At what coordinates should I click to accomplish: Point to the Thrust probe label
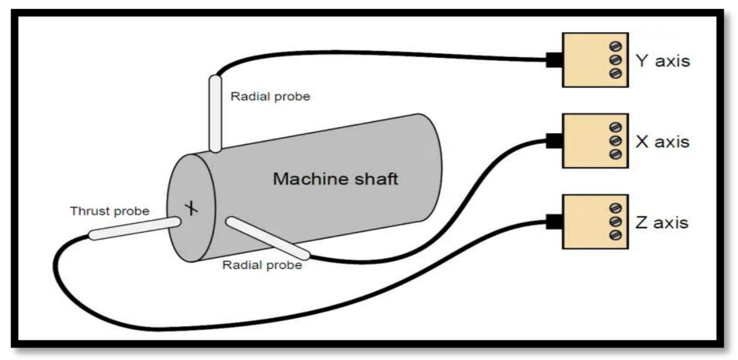[x=110, y=211]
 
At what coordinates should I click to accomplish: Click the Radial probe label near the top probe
[x=271, y=97]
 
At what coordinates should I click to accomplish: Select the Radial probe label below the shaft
[x=262, y=265]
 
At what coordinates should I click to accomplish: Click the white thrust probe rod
[x=135, y=228]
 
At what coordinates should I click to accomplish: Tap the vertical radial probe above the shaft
[x=215, y=114]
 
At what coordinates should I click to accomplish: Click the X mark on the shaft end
[x=190, y=207]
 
